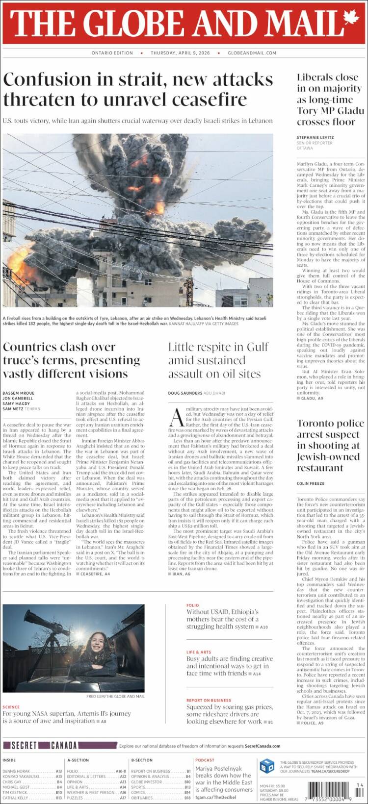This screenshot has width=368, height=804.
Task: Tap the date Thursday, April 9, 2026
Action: click(180, 53)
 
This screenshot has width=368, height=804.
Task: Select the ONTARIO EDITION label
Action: click(112, 53)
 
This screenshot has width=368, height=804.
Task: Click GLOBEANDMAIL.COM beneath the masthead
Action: click(252, 53)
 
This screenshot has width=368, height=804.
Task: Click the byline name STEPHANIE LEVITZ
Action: click(315, 137)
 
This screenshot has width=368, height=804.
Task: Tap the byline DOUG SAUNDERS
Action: click(185, 393)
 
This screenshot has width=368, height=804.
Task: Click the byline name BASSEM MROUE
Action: click(19, 393)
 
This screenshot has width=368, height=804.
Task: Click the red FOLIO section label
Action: click(192, 605)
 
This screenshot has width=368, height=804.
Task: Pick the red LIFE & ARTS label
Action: click(199, 653)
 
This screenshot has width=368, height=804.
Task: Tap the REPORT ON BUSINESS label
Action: click(209, 701)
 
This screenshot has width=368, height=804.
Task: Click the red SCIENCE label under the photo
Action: click(11, 707)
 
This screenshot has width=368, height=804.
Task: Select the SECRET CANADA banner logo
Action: click(44, 746)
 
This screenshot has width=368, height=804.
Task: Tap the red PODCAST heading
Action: click(205, 760)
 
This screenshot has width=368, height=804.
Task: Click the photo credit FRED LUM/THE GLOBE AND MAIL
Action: click(115, 696)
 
